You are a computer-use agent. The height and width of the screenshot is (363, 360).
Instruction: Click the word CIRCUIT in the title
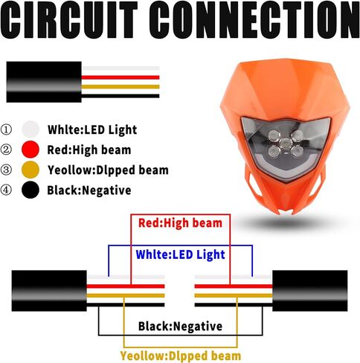click(69, 19)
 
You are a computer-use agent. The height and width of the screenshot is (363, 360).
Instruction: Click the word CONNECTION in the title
click(254, 19)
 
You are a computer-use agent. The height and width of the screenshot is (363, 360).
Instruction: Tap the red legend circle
click(30, 150)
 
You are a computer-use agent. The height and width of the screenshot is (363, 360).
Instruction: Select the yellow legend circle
click(30, 170)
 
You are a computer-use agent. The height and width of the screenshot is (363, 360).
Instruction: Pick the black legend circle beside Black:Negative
click(30, 190)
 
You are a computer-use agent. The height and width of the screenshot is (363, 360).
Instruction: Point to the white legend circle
click(30, 129)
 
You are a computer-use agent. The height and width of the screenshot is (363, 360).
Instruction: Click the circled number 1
click(6, 129)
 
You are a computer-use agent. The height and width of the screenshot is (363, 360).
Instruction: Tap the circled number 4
click(6, 190)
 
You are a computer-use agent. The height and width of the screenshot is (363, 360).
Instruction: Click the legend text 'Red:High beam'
click(89, 150)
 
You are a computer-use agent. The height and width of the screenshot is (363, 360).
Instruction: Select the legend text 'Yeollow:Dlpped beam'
click(108, 170)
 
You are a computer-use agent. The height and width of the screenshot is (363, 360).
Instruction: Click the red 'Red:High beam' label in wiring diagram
click(180, 223)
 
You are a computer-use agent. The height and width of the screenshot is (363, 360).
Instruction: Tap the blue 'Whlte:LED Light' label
click(181, 255)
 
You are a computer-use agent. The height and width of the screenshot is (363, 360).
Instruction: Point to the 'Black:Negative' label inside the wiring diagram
click(180, 327)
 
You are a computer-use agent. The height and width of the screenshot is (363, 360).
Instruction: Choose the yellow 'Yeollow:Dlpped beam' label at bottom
click(181, 356)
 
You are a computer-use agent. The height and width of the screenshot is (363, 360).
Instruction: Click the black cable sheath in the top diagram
click(44, 82)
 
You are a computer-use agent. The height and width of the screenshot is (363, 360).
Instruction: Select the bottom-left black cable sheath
click(49, 291)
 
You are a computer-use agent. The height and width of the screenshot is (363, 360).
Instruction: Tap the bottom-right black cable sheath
click(310, 291)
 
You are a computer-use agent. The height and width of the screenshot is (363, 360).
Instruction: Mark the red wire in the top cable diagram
click(120, 77)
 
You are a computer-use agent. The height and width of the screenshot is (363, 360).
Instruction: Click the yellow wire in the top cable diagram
click(120, 87)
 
